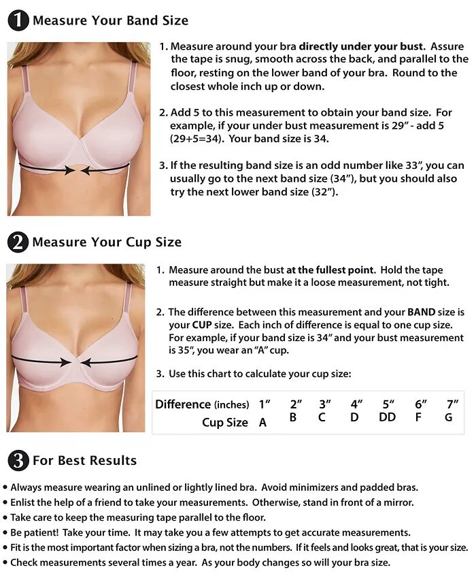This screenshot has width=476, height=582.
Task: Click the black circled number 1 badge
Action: [x=18, y=20]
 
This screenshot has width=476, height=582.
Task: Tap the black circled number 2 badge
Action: [x=18, y=242]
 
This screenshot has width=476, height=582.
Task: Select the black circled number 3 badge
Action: [x=18, y=460]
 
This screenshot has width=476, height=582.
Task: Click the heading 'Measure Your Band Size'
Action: [x=110, y=20]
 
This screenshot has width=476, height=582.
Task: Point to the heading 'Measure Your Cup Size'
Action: [x=107, y=242]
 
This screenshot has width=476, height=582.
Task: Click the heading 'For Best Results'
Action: [x=85, y=460]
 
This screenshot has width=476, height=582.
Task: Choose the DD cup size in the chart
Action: [x=388, y=417]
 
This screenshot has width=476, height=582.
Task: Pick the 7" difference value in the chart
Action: [x=452, y=404]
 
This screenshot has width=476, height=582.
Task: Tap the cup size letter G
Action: [x=449, y=417]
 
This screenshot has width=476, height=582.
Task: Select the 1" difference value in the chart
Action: [x=265, y=404]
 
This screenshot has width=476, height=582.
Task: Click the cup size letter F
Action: [x=418, y=417]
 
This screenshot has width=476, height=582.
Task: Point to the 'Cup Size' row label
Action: [x=225, y=423]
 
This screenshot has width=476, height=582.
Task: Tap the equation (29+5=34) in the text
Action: [x=197, y=139]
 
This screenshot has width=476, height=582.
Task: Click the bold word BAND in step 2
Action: [x=421, y=312]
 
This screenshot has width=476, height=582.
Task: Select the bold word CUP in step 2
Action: [x=202, y=325]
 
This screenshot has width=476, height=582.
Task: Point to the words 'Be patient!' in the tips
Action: [x=35, y=532]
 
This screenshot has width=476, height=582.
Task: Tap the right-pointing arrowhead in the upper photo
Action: [x=69, y=170]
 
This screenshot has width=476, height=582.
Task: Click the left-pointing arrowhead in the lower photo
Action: [x=86, y=362]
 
